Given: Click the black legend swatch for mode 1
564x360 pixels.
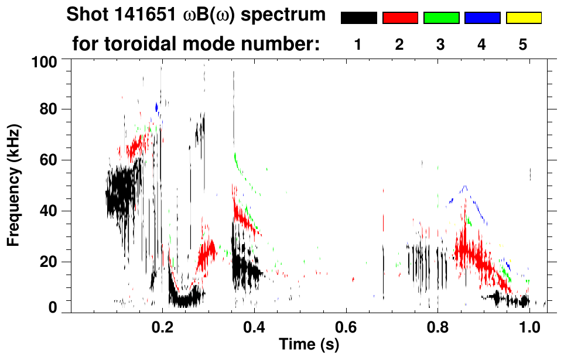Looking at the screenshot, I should tap(358, 18).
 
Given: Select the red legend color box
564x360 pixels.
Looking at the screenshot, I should tap(400, 18).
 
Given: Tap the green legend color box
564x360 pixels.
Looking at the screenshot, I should tap(441, 18).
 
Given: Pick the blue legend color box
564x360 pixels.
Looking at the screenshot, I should tap(482, 18).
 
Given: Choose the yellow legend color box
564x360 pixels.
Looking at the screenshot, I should tap(524, 18).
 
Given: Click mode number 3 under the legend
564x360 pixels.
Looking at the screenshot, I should tap(441, 44).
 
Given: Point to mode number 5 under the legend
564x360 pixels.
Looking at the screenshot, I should tap(523, 44).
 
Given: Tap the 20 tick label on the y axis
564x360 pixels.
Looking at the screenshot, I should tap(47, 262).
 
